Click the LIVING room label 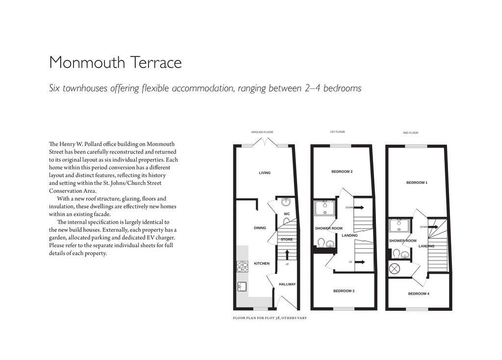click(x=265, y=173)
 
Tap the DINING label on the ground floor click(x=260, y=228)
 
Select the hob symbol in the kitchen click(x=243, y=266)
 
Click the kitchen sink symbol click(x=241, y=287)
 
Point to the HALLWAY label click(x=287, y=284)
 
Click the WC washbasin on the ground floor click(x=287, y=202)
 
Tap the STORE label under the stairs click(x=287, y=239)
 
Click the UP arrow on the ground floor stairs click(x=287, y=255)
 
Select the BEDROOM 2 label click(x=342, y=172)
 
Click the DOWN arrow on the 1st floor click(x=358, y=207)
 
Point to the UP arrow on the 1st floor click(x=359, y=262)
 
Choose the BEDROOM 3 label click(x=344, y=291)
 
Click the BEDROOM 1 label click(x=417, y=182)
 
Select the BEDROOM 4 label click(x=419, y=294)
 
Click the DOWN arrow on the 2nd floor click(x=433, y=227)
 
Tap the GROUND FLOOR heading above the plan click(x=262, y=132)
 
